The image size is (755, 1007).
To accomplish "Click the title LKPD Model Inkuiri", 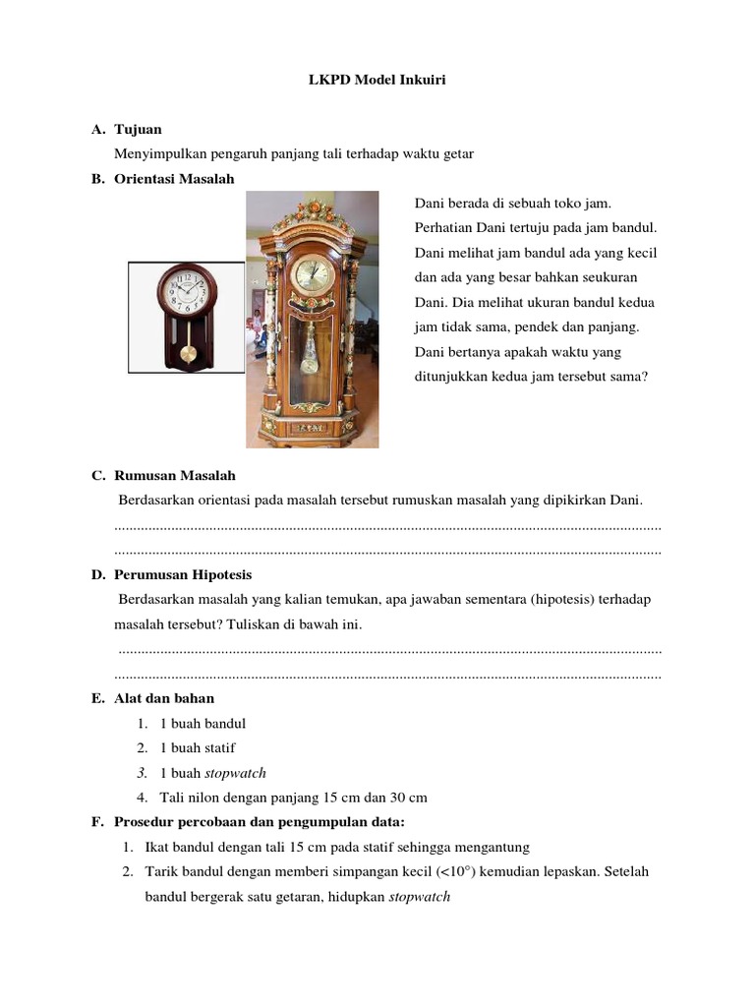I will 377,80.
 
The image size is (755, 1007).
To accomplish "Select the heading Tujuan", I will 138,129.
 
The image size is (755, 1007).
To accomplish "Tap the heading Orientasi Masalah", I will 174,178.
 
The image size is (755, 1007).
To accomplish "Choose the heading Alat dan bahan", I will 163,698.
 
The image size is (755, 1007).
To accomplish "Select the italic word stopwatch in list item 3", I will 235,773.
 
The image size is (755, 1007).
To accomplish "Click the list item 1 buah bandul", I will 202,724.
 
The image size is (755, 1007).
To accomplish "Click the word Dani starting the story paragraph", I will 429,203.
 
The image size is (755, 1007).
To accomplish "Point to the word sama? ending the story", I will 629,376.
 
